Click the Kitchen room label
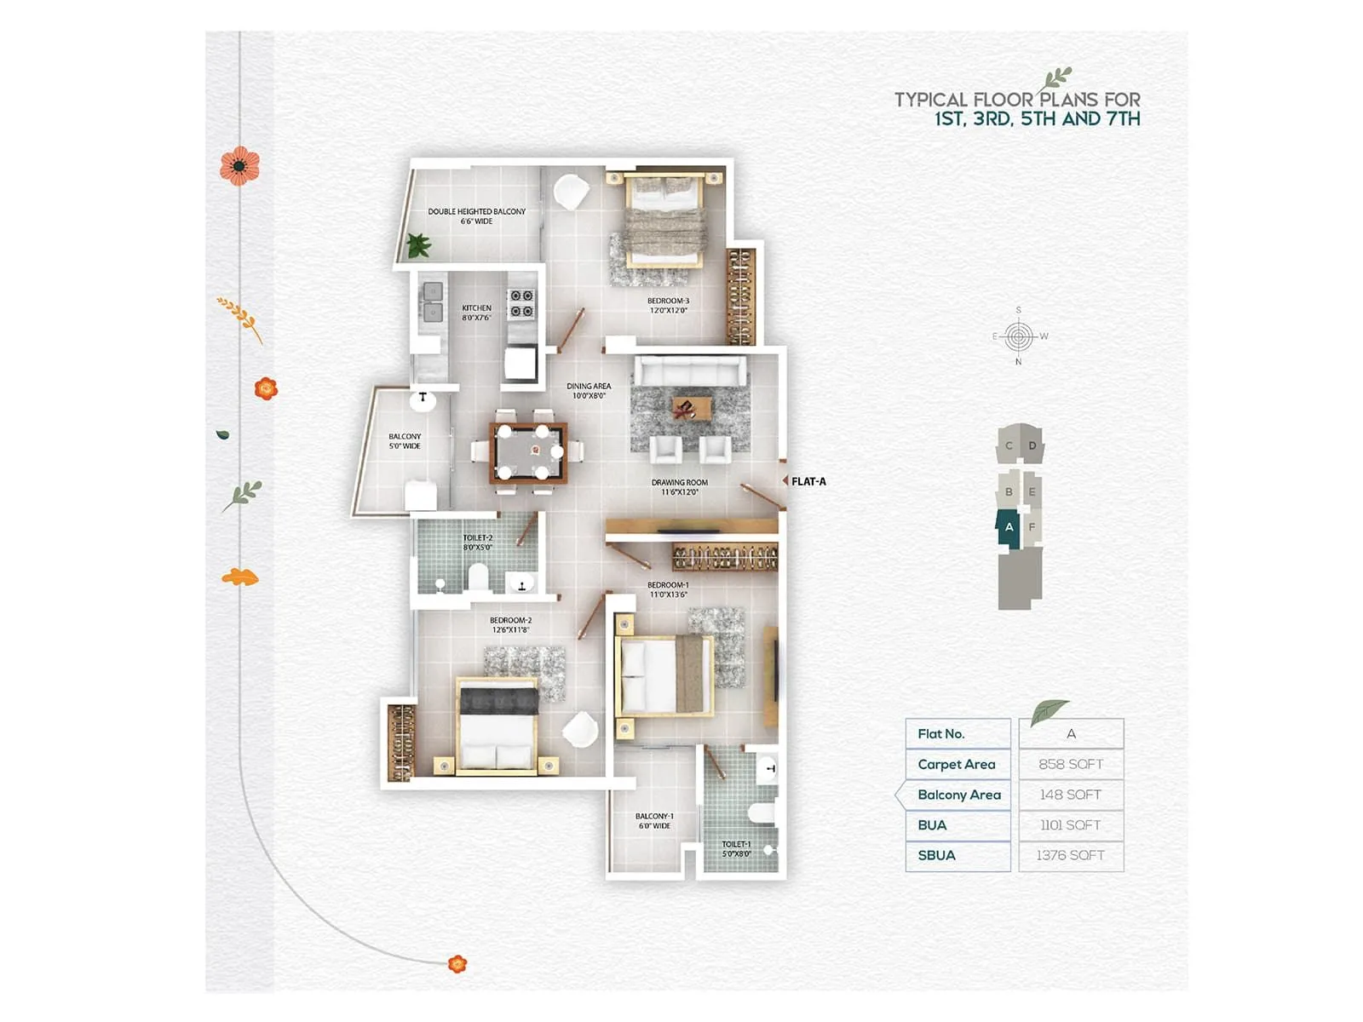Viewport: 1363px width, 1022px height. click(x=476, y=313)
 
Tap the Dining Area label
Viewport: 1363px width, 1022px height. click(x=589, y=390)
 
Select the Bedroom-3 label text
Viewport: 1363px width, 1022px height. click(x=668, y=305)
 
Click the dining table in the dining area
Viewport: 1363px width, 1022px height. click(x=527, y=453)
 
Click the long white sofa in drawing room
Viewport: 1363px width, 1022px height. click(x=690, y=371)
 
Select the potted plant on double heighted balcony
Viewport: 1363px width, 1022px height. click(x=417, y=246)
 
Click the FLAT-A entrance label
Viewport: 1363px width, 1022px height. click(x=808, y=481)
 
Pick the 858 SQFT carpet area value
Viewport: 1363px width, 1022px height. click(x=1071, y=764)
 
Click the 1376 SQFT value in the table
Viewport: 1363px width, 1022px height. click(x=1071, y=855)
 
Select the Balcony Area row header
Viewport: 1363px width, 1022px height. click(x=958, y=795)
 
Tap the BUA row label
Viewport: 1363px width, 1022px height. click(x=932, y=824)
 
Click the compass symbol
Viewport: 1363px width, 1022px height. click(x=1019, y=336)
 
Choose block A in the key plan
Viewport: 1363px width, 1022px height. click(x=1009, y=527)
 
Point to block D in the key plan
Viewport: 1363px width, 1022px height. click(x=1032, y=445)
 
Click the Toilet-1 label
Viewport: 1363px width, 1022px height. click(x=736, y=848)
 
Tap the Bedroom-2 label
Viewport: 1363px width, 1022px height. click(x=510, y=624)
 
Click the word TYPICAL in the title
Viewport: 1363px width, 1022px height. click(x=930, y=100)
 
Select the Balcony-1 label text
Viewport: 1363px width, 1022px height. click(x=654, y=820)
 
